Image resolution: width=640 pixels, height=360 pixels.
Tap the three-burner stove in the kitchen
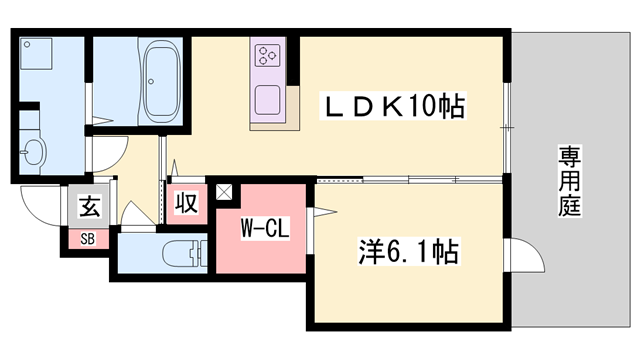pyautogui.click(x=267, y=56)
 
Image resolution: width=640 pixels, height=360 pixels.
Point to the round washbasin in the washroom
pyautogui.click(x=34, y=153)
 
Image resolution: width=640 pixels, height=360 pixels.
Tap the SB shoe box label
pyautogui.click(x=87, y=238)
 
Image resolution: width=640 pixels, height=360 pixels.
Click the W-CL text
pyautogui.click(x=264, y=228)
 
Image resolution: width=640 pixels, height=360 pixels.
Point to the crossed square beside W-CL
pyautogui.click(x=222, y=192)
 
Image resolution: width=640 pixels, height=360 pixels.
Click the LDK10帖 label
pyautogui.click(x=392, y=106)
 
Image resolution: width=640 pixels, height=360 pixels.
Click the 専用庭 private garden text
pyautogui.click(x=571, y=181)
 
